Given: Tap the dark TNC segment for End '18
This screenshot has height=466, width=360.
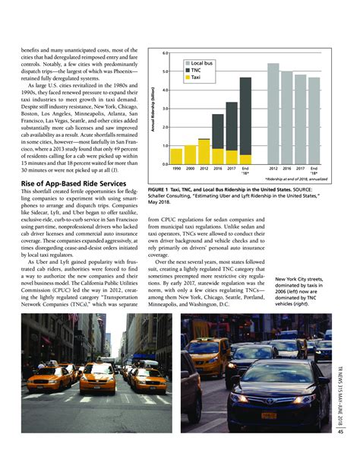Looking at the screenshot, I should (245, 114).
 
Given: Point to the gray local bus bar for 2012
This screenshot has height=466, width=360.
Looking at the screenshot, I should (273, 113).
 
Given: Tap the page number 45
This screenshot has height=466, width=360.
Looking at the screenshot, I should (341, 455).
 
